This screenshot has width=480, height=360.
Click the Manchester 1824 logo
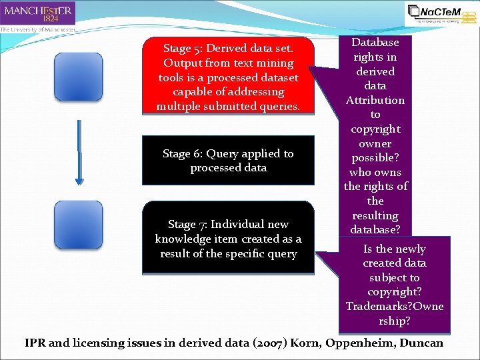coord(38,13)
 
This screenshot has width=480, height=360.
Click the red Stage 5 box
coord(228,77)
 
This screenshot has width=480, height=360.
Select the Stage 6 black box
coord(228,161)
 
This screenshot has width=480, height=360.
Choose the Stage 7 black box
coord(228,239)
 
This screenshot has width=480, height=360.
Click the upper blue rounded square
coord(79,77)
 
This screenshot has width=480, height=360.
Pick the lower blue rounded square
coord(79,225)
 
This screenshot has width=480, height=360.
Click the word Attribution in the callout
coord(375,100)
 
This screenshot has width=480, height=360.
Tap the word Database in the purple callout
coord(375,43)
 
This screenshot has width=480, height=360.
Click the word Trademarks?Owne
coord(394,306)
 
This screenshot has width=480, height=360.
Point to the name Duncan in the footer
coord(423,343)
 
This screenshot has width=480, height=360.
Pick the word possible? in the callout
coord(375,158)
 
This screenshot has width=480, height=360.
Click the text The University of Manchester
coord(38,29)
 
